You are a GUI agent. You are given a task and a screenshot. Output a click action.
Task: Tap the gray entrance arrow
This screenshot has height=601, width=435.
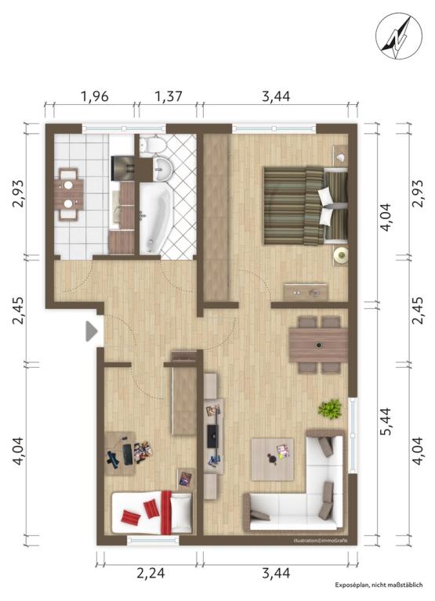(x=92, y=331)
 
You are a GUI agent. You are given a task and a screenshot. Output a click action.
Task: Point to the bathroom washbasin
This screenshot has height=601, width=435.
(x=164, y=169)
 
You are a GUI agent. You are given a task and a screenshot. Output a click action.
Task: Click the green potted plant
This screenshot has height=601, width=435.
(x=330, y=409)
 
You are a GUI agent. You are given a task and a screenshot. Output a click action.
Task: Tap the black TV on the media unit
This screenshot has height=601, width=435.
(x=212, y=436)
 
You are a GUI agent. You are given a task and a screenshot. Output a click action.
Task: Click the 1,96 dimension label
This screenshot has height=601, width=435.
(x=95, y=96)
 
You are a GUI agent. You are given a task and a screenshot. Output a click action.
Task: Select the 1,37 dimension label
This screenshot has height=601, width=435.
(x=168, y=96)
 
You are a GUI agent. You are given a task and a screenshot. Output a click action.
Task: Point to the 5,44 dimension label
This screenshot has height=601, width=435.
(x=385, y=421)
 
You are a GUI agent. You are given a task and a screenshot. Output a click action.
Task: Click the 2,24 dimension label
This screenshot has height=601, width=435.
(x=151, y=574)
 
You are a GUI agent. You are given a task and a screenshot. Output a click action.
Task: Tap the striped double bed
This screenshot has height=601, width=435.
(x=305, y=205)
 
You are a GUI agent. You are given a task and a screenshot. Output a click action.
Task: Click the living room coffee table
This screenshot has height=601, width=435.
(x=272, y=459)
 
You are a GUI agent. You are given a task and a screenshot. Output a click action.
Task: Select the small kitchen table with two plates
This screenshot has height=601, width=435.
(x=69, y=194)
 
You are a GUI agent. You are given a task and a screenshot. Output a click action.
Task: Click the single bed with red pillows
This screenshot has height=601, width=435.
(x=151, y=513)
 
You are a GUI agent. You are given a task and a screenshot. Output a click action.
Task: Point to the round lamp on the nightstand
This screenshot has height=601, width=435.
(x=340, y=254)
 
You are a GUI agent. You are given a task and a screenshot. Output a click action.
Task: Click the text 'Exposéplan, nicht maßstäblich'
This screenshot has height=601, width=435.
(x=379, y=585)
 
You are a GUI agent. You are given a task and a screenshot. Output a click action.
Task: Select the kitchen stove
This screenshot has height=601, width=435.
(x=122, y=167)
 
